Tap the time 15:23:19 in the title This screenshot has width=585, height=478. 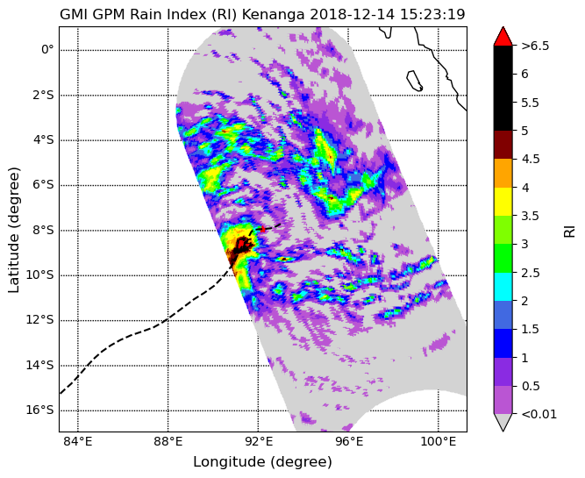click(432, 14)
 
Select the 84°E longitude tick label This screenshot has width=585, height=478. click(77, 442)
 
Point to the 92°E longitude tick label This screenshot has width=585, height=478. click(258, 442)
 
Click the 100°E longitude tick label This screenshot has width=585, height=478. click(438, 442)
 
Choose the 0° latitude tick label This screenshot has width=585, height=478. click(47, 50)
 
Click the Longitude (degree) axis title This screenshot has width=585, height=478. click(262, 462)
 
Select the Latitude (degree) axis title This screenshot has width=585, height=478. click(13, 230)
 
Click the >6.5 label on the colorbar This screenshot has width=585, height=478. click(535, 46)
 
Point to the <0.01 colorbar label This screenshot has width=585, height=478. click(539, 414)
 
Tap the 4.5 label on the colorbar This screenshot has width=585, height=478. click(530, 159)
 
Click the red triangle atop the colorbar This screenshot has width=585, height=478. click(503, 36)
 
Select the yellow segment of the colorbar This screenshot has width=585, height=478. click(503, 202)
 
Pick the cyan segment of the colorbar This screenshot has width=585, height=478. click(503, 287)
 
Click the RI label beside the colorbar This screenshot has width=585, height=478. click(569, 230)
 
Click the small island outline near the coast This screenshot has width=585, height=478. click(414, 81)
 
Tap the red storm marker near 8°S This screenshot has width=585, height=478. click(263, 229)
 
